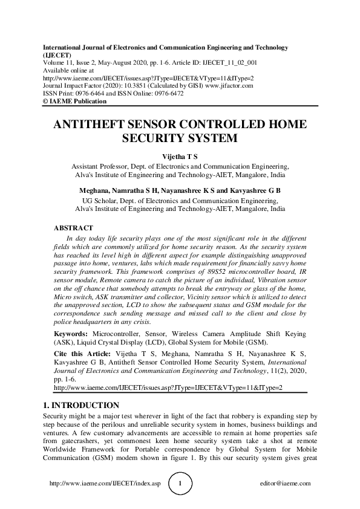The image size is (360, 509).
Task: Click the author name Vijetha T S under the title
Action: (x=180, y=157)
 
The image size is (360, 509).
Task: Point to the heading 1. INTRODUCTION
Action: (x=81, y=405)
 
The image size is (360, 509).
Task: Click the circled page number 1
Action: (x=180, y=484)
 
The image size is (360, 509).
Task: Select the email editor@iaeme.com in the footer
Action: (x=284, y=484)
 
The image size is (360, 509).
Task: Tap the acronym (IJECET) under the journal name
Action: (x=56, y=54)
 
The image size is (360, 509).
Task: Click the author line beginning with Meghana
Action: (x=180, y=190)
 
